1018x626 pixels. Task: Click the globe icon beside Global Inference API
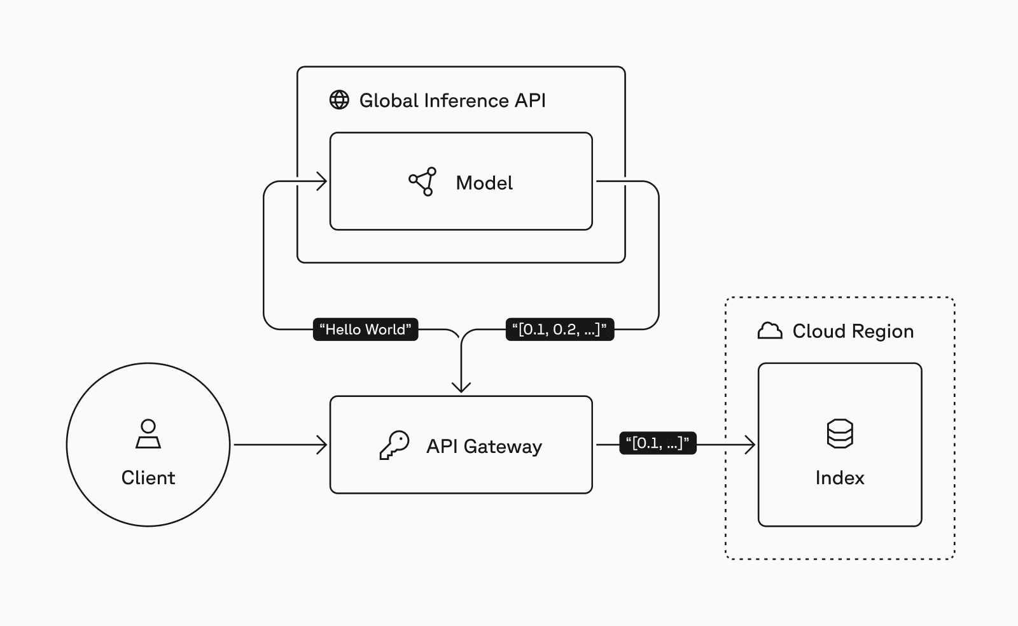coord(339,100)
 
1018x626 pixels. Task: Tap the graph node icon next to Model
coord(423,182)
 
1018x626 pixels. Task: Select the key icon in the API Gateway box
coord(394,445)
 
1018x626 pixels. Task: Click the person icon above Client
coord(148,435)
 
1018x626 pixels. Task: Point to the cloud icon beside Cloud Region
coord(770,331)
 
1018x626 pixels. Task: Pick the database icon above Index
coord(840,434)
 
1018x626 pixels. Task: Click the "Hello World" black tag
coord(365,330)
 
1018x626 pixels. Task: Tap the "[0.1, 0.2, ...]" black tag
coord(559,330)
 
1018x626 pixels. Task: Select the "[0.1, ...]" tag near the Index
coord(658,443)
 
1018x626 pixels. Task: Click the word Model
coord(484,183)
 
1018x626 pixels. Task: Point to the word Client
coord(148,478)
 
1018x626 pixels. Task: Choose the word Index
coord(840,478)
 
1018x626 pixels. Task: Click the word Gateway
coord(503,447)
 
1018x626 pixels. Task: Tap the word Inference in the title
coord(466,101)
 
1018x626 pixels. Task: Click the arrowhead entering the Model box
coord(323,182)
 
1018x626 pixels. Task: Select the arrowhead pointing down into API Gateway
coord(461,387)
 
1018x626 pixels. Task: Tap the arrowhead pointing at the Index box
coord(750,445)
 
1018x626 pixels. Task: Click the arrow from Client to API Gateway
coord(280,445)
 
